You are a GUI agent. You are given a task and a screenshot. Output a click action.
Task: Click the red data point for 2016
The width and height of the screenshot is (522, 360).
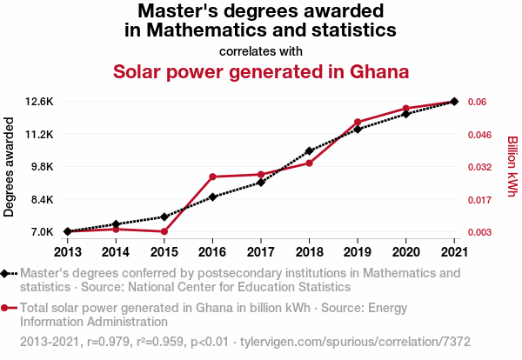pos(212,177)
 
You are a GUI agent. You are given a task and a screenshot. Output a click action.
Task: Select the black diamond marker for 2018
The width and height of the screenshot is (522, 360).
pos(309,151)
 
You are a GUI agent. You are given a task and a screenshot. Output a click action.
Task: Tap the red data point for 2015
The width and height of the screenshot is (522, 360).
pos(164,231)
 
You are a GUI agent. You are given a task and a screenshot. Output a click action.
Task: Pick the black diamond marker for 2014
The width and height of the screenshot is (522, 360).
pos(116,224)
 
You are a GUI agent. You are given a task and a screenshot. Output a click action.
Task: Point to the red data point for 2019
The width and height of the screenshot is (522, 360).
pos(358,122)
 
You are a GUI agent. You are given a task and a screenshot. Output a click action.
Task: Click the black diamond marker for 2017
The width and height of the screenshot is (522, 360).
pos(261,182)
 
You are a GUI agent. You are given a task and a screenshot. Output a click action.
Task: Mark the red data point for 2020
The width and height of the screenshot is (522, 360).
pos(405,109)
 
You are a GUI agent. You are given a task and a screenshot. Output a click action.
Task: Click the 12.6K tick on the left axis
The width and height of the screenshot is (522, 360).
pos(39,102)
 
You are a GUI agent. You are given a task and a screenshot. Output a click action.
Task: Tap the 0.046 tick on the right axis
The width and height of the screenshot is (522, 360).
pos(483,135)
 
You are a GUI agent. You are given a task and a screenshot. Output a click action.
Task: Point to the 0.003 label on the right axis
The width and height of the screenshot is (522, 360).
pos(483,232)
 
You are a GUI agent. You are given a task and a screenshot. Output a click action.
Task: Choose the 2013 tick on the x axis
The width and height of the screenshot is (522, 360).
pos(68,251)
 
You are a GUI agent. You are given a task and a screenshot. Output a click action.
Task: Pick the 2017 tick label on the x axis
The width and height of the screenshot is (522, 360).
pos(261,251)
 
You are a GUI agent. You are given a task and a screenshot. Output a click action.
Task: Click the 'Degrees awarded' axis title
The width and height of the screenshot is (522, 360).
pos(10,167)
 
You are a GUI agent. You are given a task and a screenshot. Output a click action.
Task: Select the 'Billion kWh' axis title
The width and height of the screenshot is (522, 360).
pos(512,167)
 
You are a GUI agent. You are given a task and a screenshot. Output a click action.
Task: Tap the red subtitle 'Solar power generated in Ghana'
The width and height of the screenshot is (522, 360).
pos(261,70)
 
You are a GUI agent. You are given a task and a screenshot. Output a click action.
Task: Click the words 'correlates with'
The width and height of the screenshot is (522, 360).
pos(261,50)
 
